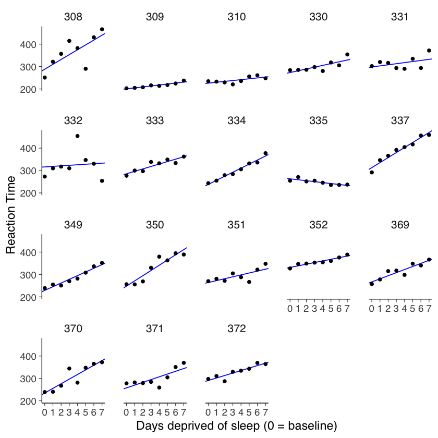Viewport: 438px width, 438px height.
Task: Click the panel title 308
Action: [x=73, y=17]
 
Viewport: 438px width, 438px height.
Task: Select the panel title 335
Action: [x=319, y=121]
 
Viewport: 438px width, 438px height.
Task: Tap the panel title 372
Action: [x=237, y=328]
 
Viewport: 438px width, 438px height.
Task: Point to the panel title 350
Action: [x=155, y=225]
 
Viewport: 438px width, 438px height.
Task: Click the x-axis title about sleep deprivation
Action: [x=237, y=426]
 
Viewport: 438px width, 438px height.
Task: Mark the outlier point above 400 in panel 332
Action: [x=77, y=136]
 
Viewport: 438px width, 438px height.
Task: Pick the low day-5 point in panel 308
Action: [x=86, y=69]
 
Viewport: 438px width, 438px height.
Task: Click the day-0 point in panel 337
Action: [x=372, y=172]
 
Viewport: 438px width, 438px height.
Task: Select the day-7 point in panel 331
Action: [x=429, y=51]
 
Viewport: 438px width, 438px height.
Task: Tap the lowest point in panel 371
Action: [x=159, y=387]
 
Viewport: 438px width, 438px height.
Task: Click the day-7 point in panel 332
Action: [x=102, y=181]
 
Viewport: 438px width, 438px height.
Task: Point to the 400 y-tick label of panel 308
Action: [x=29, y=45]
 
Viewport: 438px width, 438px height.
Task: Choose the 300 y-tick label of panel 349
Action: [x=29, y=275]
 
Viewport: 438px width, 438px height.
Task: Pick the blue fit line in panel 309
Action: [x=155, y=86]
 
